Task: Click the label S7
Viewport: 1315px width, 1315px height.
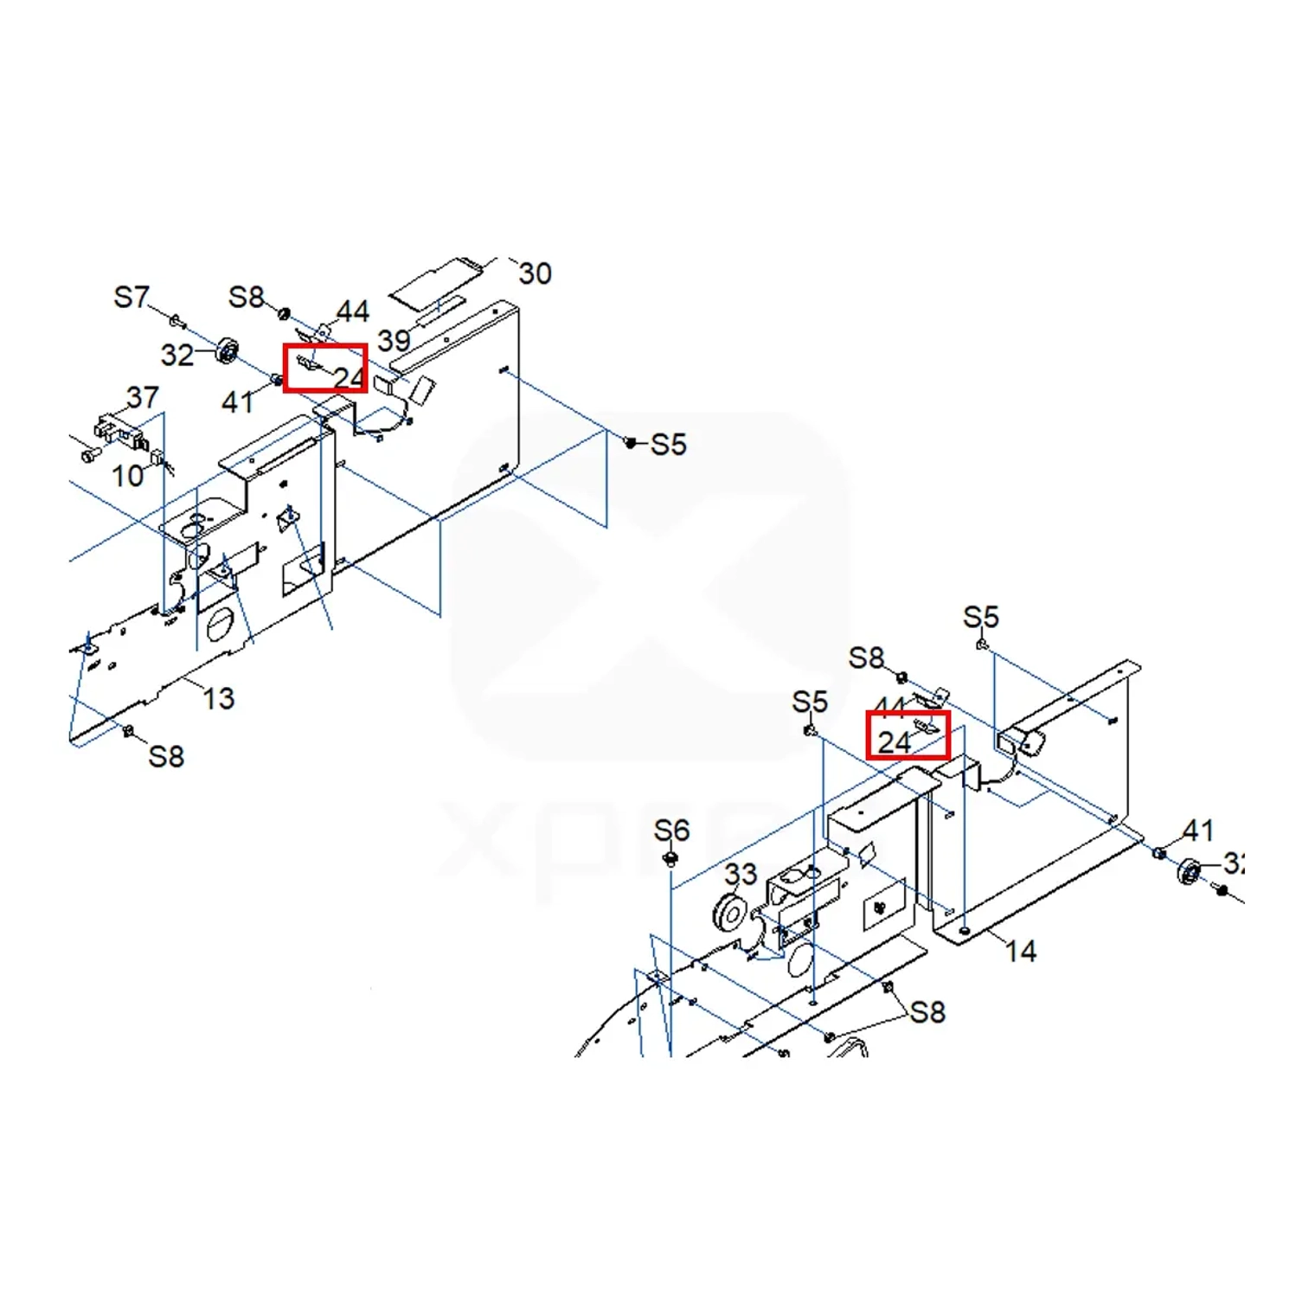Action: tap(131, 298)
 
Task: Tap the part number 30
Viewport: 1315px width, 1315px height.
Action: tap(535, 273)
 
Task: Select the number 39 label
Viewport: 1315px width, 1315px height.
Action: tap(394, 341)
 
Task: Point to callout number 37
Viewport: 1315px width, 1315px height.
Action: tap(143, 397)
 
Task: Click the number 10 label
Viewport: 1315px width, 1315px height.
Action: tap(128, 475)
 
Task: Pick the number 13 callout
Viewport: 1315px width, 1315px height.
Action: tap(218, 698)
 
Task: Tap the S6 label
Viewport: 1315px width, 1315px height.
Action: tap(671, 831)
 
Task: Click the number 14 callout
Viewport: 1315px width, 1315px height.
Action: tap(1021, 952)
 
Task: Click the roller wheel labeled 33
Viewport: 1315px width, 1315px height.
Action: tap(729, 914)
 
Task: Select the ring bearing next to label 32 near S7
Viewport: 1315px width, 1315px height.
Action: tap(228, 350)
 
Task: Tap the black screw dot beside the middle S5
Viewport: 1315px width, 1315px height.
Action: tap(631, 442)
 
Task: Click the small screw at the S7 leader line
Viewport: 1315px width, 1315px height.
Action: tap(176, 321)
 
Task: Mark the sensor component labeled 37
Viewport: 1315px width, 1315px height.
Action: tap(117, 432)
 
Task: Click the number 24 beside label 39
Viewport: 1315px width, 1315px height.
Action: tap(349, 378)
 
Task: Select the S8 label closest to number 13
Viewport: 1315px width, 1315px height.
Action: tap(166, 756)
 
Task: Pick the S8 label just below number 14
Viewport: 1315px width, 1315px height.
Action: tap(927, 1011)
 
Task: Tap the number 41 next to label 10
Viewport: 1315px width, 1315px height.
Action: tap(237, 401)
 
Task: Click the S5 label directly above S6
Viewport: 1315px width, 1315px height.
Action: tap(810, 702)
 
